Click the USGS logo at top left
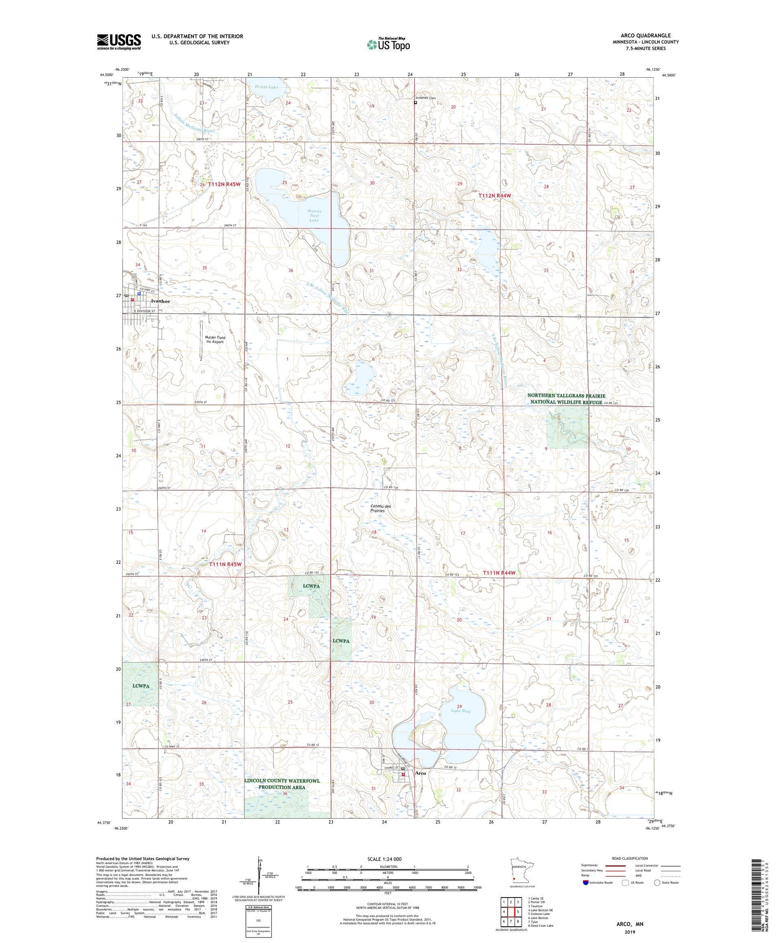point(118,42)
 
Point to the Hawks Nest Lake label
point(314,215)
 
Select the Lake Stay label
point(460,711)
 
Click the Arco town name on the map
point(420,773)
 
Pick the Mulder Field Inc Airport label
point(215,340)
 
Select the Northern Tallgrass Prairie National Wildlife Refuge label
point(566,399)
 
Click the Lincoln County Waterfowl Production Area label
point(282,784)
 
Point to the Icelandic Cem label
point(425,98)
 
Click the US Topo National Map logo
point(388,44)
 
